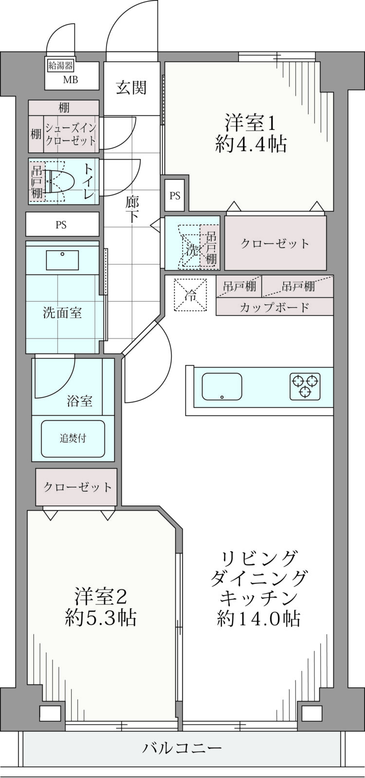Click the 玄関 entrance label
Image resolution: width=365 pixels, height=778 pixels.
tap(131, 88)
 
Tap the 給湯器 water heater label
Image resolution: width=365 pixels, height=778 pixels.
tap(60, 65)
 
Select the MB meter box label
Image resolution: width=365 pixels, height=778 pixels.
tap(70, 80)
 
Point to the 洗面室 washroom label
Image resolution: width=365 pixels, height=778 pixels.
tap(62, 313)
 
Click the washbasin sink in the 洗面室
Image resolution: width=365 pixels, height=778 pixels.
tap(63, 260)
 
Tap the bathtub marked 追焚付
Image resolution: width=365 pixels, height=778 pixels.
tap(73, 439)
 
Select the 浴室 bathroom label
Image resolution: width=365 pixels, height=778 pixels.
tap(80, 401)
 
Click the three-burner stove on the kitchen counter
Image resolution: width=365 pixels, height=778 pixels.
tap(305, 386)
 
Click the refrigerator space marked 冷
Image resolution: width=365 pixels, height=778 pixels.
tap(190, 295)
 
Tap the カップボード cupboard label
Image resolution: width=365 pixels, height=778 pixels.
tap(274, 307)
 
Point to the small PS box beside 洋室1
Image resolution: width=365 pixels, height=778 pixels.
tap(175, 195)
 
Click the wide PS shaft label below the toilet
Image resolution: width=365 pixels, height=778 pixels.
tap(61, 225)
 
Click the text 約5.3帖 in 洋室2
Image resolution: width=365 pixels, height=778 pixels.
tap(101, 617)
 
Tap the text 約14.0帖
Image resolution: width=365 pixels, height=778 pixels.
tap(258, 618)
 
